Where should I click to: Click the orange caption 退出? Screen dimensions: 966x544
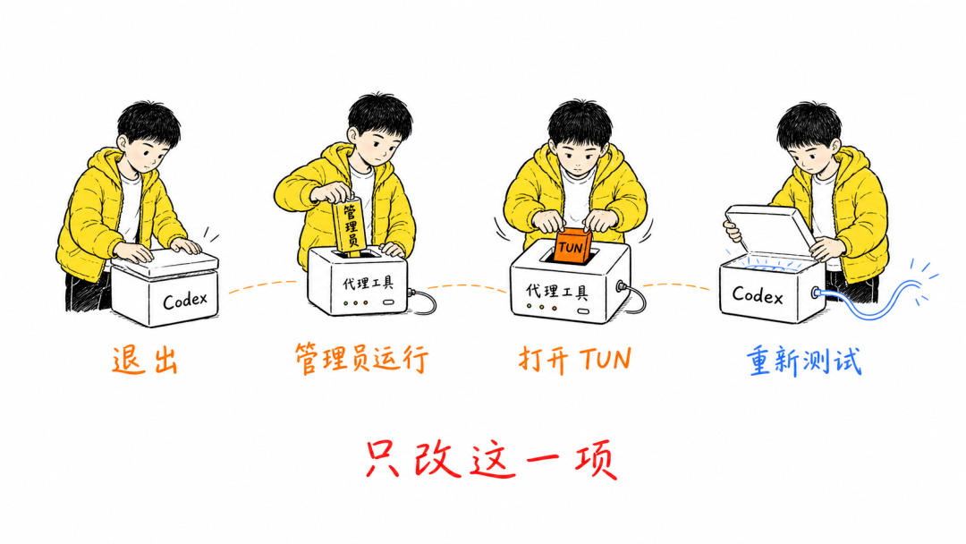[x=146, y=361]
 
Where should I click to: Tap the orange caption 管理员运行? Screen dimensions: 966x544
[x=361, y=359]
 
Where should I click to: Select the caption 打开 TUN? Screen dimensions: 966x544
[x=575, y=359]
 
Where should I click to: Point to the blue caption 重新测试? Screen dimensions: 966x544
[x=804, y=361]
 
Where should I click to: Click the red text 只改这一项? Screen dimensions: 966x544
[x=491, y=459]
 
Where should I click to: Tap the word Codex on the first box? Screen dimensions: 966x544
[x=185, y=300]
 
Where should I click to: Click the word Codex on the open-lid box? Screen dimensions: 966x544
[x=758, y=296]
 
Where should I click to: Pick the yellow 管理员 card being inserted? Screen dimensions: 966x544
[x=350, y=225]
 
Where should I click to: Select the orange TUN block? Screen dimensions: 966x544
[x=572, y=246]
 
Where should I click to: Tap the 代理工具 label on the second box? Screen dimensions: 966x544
[x=368, y=283]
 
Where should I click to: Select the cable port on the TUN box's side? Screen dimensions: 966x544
[x=621, y=285]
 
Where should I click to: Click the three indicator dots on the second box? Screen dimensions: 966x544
[x=355, y=303]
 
